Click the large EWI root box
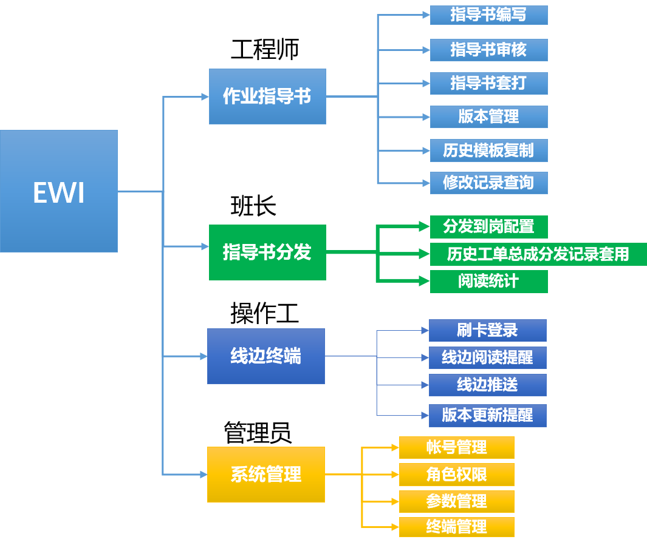pos(59,191)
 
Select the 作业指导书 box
pos(267,96)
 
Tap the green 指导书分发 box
pos(267,252)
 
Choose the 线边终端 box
pos(266,356)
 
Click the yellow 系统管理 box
pos(266,475)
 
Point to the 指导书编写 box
pos(488,15)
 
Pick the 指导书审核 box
pos(488,50)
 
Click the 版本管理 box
pos(488,117)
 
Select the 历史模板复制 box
pos(488,151)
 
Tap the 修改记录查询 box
pos(488,183)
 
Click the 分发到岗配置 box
pos(488,227)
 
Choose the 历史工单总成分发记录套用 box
pos(538,254)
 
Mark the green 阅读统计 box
pos(488,282)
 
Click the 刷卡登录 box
pos(487,331)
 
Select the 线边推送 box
pos(487,385)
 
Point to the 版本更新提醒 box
pos(487,416)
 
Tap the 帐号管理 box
pos(456,448)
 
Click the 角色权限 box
pos(456,475)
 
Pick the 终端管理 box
pos(456,527)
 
